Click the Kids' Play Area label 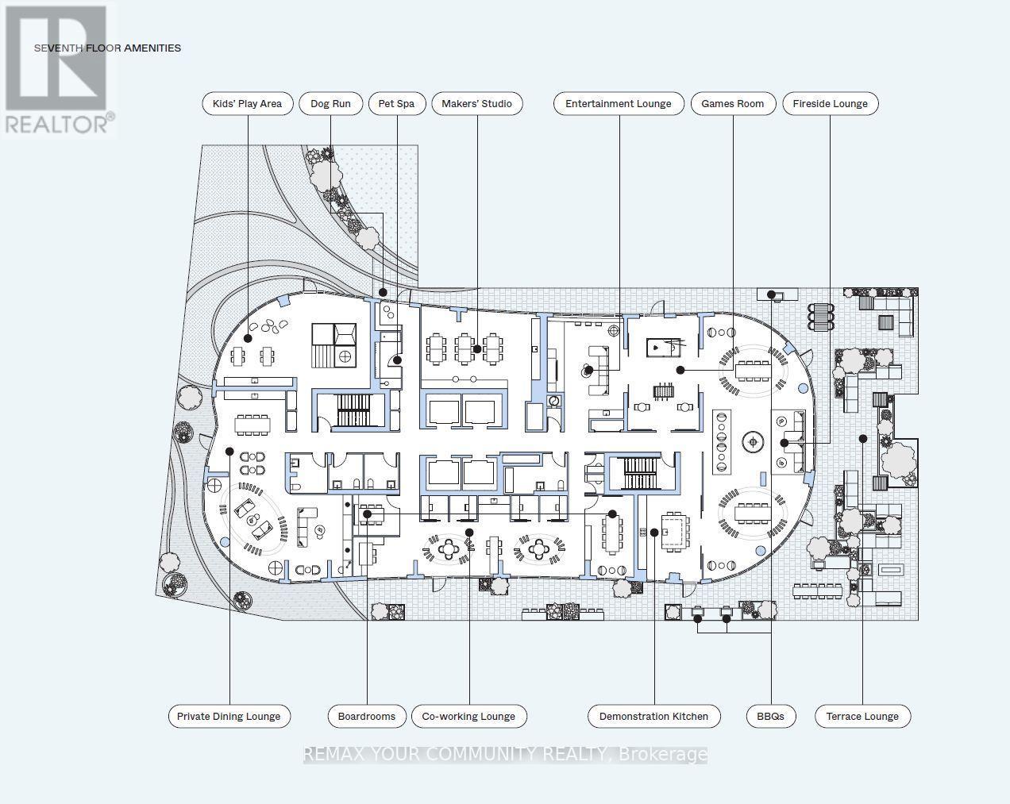[247, 104]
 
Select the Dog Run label [330, 104]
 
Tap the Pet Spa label [396, 104]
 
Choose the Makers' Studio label [477, 104]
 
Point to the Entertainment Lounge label [619, 104]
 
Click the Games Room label [733, 104]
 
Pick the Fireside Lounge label [831, 104]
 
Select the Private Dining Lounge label [229, 716]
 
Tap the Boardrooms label [367, 716]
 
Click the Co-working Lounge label [468, 716]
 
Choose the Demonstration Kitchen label [653, 716]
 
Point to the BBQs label [771, 716]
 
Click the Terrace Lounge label [862, 716]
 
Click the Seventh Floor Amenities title [107, 48]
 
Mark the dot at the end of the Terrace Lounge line [862, 439]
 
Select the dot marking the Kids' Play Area [248, 338]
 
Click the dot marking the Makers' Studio [477, 349]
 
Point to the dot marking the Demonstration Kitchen [654, 533]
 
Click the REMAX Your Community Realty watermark [506, 754]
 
